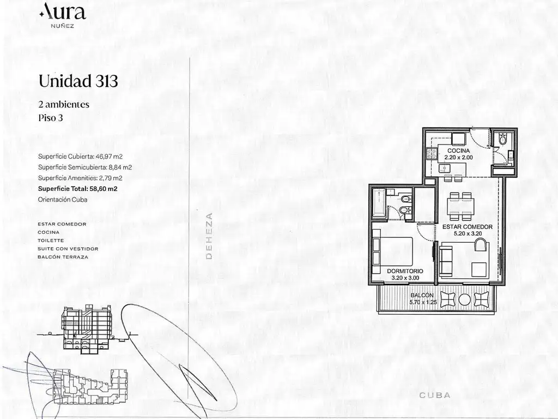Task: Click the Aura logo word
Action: coord(63,11)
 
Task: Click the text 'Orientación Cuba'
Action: coord(63,200)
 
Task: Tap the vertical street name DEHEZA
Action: coord(209,236)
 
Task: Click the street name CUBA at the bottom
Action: coord(435,395)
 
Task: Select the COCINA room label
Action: coord(459,151)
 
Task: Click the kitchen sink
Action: coord(444,168)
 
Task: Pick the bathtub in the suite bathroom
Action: coord(378,203)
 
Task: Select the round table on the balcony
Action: coord(464,300)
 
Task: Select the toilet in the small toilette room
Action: coord(502,139)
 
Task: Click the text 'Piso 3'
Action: coord(51,118)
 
